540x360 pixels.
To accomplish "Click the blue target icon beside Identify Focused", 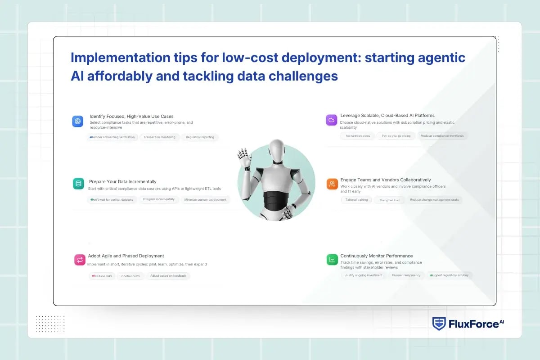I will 77,121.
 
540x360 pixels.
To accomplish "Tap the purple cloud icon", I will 332,120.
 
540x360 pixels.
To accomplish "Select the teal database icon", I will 78,184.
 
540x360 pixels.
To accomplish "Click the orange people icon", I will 332,184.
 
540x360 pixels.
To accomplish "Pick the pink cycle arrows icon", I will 80,260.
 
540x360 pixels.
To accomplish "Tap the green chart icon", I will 332,260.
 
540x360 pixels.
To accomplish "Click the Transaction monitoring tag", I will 160,137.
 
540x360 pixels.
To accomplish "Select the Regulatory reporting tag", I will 200,137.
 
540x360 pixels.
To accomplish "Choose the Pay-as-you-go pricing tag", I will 396,136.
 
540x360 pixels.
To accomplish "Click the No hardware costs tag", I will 358,136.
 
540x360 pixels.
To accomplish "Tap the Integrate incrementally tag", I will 158,199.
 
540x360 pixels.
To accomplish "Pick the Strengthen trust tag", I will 389,200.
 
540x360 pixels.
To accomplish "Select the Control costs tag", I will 130,276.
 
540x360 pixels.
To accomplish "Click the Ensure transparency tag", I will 406,275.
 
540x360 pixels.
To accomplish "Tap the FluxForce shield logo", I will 439,324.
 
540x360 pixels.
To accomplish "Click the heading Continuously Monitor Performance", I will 376,256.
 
